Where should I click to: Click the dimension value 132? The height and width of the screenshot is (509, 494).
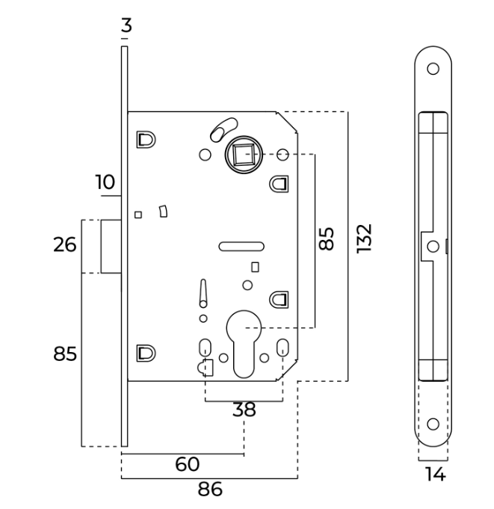tap(364, 238)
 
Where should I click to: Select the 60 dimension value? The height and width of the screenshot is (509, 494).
tap(187, 464)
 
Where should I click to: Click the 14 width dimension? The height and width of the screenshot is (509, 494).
tap(434, 473)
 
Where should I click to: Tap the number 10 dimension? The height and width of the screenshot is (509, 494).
tap(105, 182)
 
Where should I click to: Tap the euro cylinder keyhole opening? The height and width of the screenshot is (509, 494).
tap(244, 343)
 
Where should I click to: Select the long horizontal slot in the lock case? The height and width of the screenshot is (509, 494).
tap(241, 244)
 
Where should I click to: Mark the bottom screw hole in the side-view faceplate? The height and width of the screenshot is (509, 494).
tap(432, 424)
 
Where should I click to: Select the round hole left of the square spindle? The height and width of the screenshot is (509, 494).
tap(204, 155)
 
